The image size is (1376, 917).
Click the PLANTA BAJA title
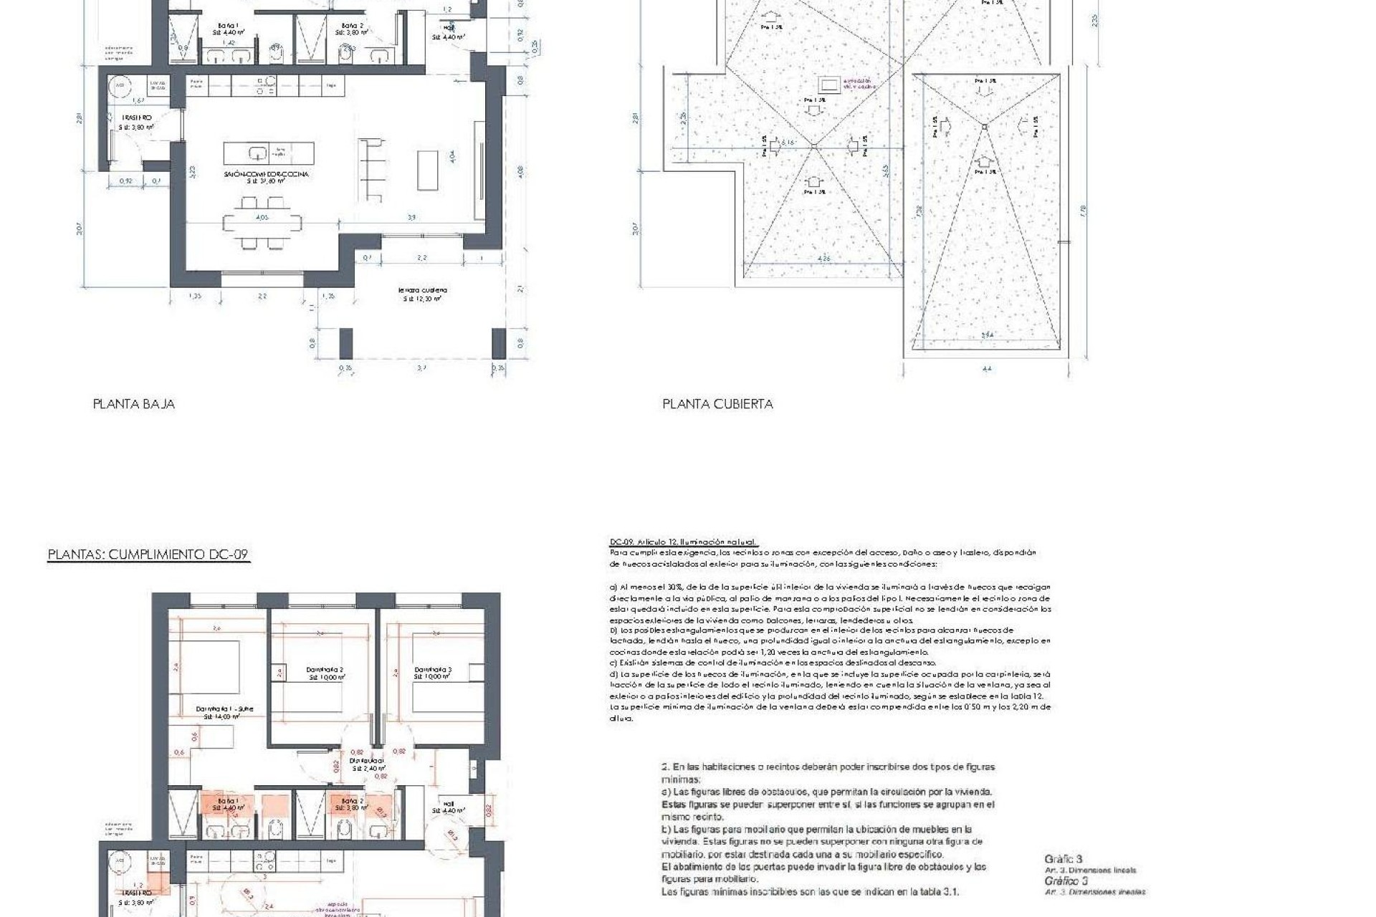point(133,404)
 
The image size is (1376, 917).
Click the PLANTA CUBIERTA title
point(717,404)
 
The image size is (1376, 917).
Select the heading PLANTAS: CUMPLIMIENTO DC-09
point(148,554)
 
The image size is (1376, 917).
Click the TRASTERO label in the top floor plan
point(136,118)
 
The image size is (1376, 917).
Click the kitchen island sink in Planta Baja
point(258,153)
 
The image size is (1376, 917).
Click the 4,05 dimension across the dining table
point(262,217)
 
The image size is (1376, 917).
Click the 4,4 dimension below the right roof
point(987,369)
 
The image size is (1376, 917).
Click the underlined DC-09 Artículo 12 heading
point(682,542)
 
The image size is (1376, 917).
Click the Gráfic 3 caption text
point(1064,859)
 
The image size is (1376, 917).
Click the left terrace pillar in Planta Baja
point(345,343)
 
